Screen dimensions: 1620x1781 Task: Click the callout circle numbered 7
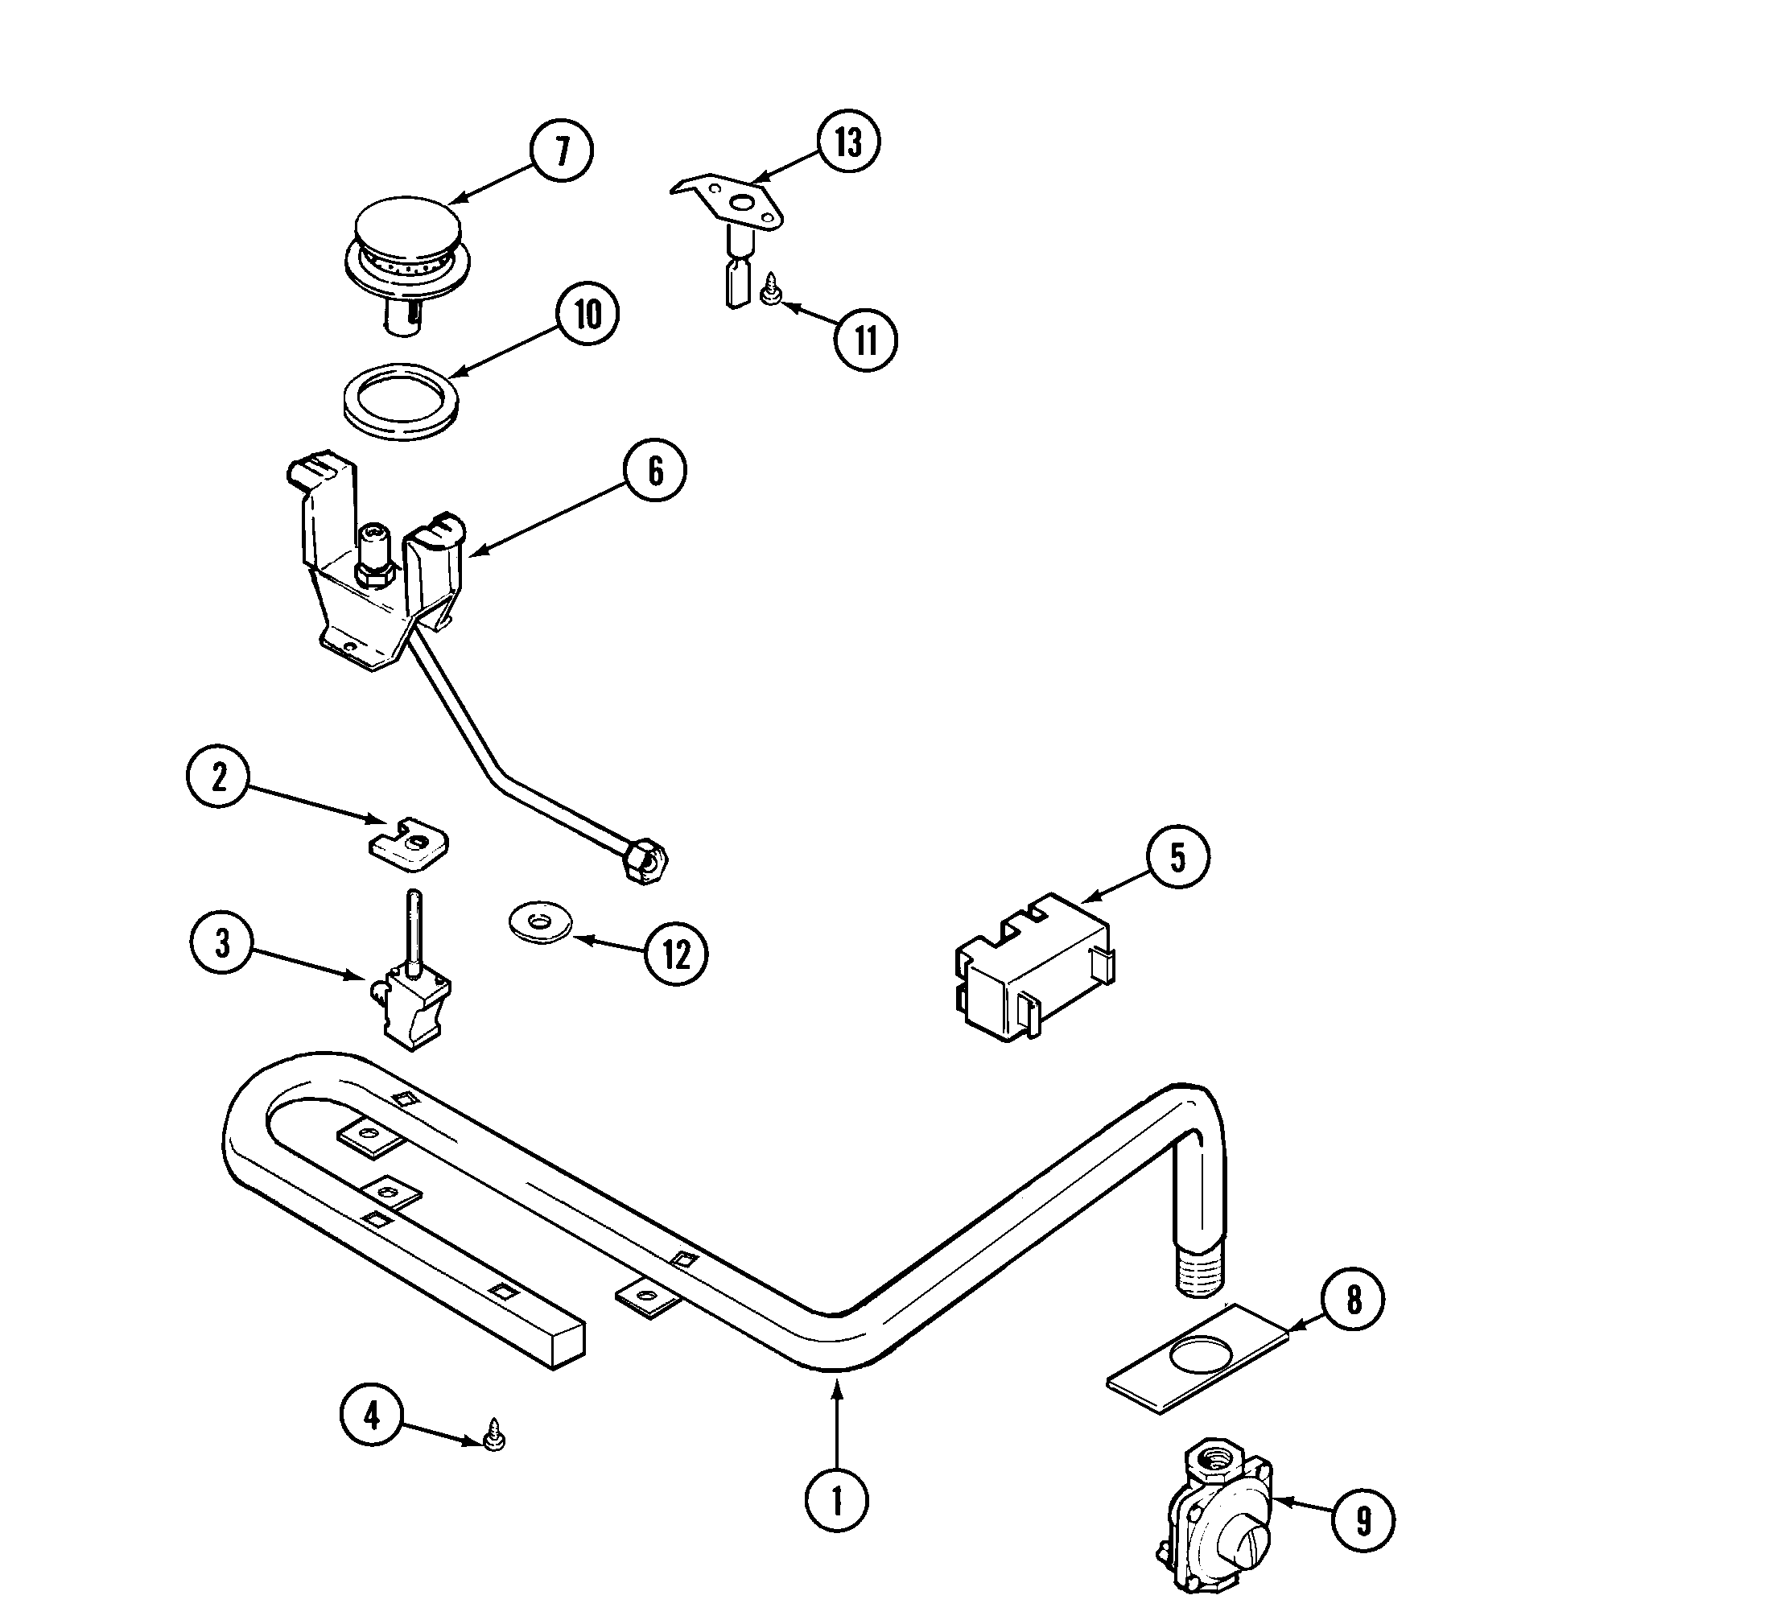(562, 151)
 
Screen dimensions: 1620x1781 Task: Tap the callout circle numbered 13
(848, 142)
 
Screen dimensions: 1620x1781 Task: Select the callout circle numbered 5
(1177, 857)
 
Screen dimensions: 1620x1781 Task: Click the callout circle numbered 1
(837, 1501)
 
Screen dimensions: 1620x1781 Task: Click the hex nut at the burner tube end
(645, 860)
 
